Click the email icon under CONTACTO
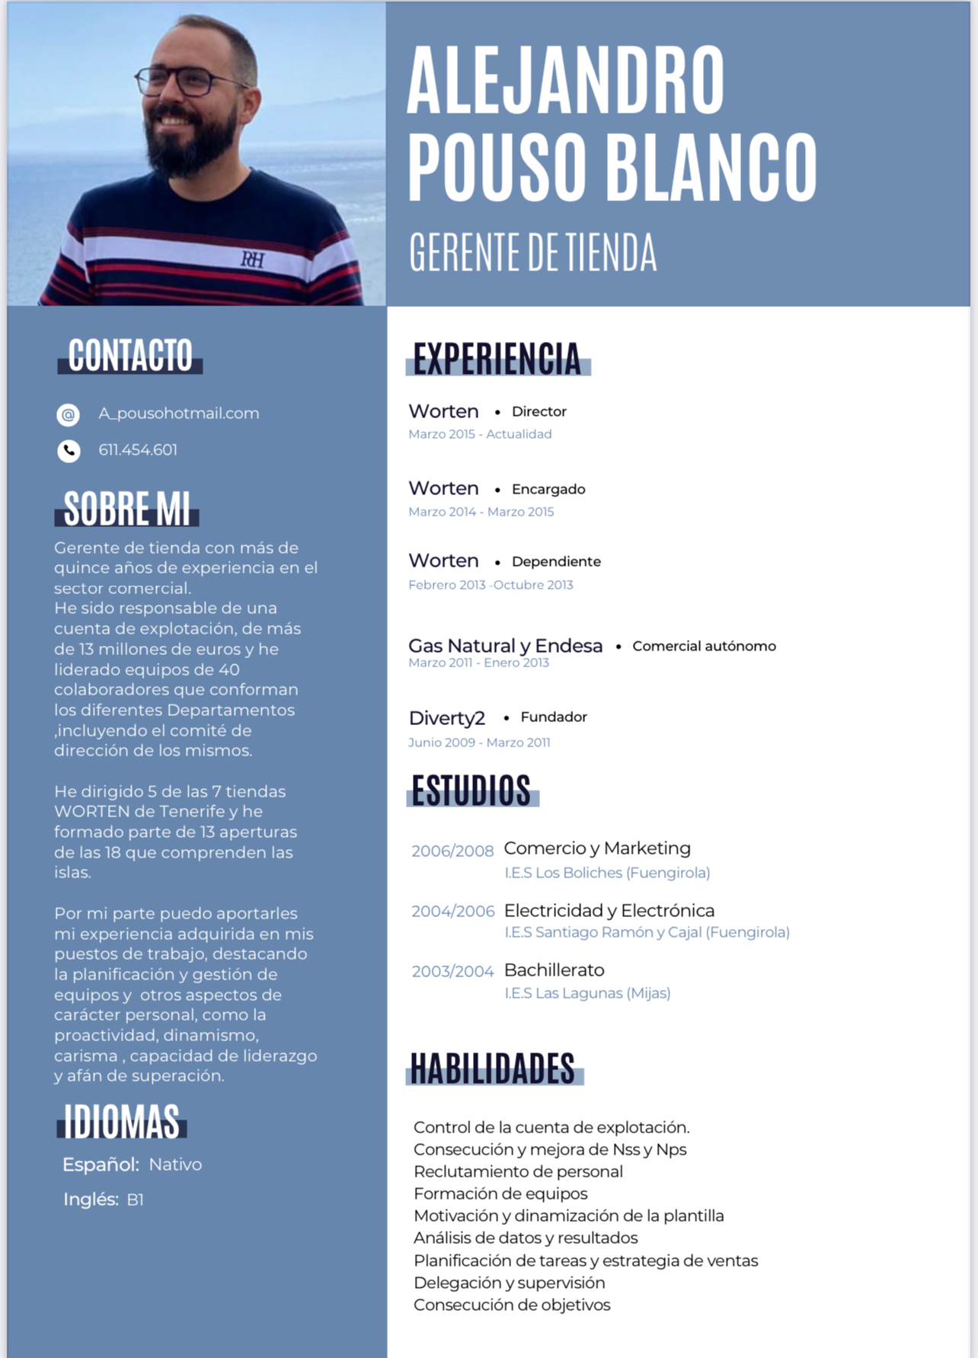tap(69, 414)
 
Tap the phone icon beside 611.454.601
tap(69, 451)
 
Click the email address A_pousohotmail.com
tap(179, 414)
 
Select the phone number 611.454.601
tap(138, 450)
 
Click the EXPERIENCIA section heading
tap(497, 359)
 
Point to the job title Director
tap(539, 412)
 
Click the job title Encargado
tap(548, 489)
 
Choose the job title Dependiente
tap(556, 562)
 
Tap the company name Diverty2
tap(446, 718)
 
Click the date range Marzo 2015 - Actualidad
tap(480, 434)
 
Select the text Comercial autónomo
tap(704, 647)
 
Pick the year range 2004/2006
tap(452, 911)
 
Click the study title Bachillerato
tap(554, 970)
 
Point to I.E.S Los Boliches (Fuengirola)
tap(607, 873)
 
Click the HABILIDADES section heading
tap(493, 1069)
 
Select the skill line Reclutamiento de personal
tap(518, 1171)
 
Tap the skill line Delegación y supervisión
tap(509, 1283)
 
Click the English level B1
tap(135, 1200)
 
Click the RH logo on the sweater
tap(253, 260)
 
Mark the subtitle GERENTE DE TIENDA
tap(532, 253)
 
